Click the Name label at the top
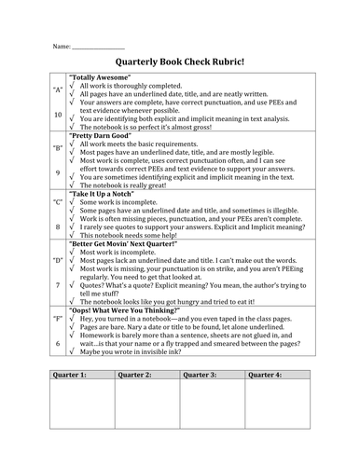[x=61, y=45]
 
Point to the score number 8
[x=57, y=226]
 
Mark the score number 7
[x=57, y=284]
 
